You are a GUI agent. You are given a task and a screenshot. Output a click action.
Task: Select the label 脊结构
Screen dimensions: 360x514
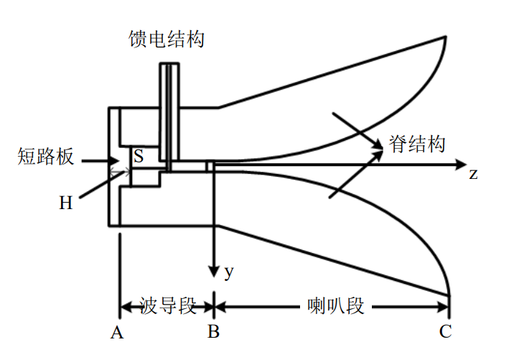[x=417, y=143]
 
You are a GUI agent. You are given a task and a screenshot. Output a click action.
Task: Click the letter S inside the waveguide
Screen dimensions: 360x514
[x=138, y=155]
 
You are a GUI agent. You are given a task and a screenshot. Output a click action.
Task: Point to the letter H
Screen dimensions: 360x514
[x=66, y=203]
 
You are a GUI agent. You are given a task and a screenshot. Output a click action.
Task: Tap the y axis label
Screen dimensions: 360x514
[x=229, y=272]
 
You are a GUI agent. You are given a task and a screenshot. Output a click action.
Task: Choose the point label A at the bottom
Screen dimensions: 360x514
[x=117, y=332]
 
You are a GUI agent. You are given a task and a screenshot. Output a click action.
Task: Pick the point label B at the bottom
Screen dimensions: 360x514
[x=214, y=332]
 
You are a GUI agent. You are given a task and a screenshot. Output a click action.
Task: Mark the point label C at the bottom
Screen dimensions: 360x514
[x=445, y=332]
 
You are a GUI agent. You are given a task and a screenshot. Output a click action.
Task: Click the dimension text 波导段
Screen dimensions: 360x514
[x=168, y=307]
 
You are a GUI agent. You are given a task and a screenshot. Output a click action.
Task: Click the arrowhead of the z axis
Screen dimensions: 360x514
[x=462, y=165]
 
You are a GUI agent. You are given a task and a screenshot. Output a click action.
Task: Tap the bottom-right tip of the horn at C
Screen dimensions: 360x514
[x=449, y=295]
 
